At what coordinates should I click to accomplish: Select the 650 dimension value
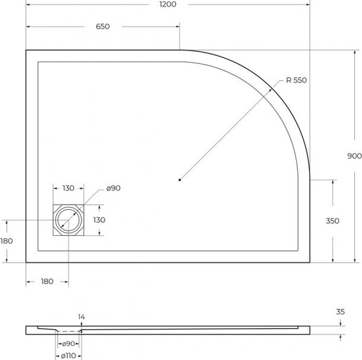coord(103,27)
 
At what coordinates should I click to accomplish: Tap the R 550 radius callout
coord(296,80)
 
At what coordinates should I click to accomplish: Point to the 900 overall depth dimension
coord(354,156)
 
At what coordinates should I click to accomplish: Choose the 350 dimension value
coord(332,221)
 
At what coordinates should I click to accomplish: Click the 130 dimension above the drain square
coord(69,188)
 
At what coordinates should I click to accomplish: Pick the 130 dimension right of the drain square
coord(100,220)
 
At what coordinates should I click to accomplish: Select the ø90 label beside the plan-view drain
coord(114,188)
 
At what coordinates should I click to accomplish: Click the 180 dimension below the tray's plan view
coord(47,281)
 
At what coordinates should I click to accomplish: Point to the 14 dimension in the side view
coord(81,317)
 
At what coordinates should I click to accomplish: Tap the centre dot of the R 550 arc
coord(180,179)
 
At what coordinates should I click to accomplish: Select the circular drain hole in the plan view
coord(68,221)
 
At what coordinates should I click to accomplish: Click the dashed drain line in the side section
coord(69,332)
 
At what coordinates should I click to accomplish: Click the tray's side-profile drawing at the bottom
coord(181,330)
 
